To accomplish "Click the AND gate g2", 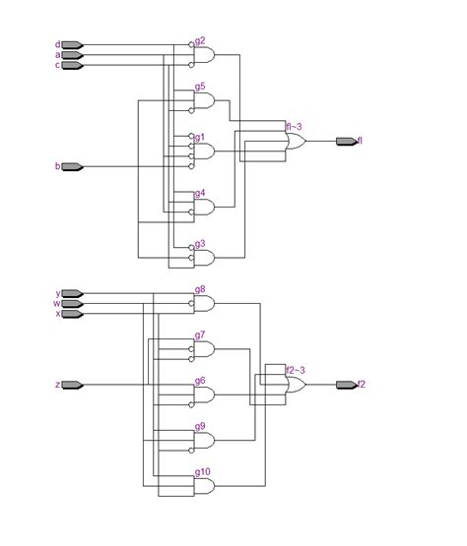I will [204, 55].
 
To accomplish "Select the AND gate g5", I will [204, 100].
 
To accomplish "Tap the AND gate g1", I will [204, 152].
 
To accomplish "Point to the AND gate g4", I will [204, 208].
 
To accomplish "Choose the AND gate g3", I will [204, 258].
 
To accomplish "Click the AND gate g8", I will [204, 304].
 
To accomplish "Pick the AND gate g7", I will [204, 348].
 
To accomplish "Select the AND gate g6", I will [204, 394].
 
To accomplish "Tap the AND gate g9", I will [204, 440].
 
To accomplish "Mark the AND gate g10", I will [204, 486].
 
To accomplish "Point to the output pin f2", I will [346, 385].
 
